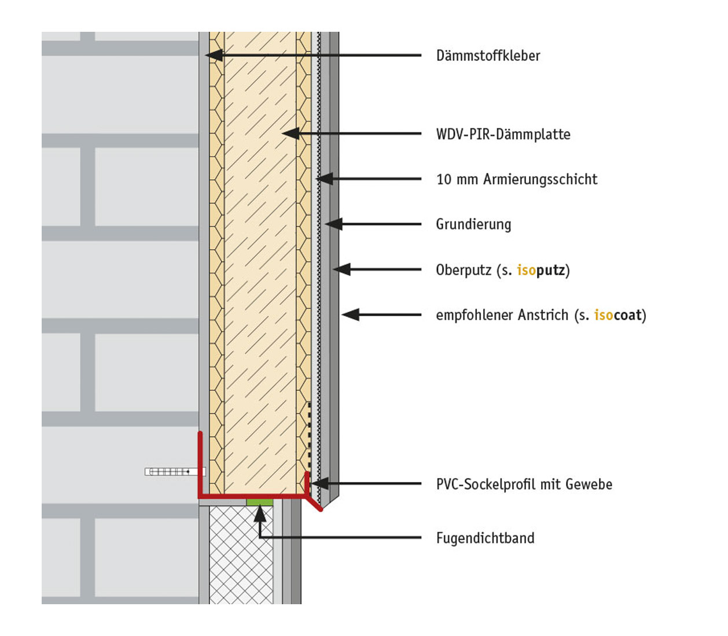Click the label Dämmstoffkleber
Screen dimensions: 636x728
point(488,56)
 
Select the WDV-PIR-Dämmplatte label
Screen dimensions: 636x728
point(503,135)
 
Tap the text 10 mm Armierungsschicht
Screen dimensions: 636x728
point(517,180)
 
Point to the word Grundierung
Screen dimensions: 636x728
point(473,224)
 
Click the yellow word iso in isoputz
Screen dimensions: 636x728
point(526,270)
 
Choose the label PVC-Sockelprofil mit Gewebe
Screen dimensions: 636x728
point(524,485)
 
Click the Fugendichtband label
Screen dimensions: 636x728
point(485,538)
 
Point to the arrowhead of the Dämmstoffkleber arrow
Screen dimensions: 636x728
point(212,56)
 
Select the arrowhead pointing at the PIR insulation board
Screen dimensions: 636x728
point(290,134)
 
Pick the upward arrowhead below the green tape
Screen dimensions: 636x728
point(260,513)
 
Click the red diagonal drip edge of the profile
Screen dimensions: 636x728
point(314,504)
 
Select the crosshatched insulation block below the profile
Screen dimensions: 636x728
point(241,555)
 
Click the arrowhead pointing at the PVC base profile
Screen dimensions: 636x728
point(320,483)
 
